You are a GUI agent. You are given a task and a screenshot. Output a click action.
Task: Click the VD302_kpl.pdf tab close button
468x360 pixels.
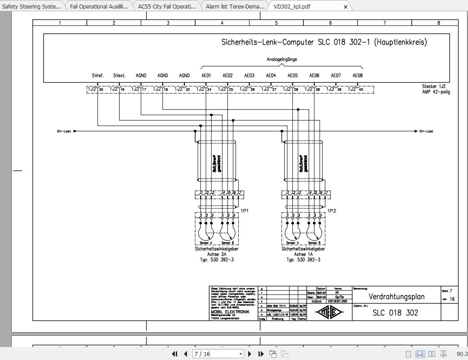(345, 7)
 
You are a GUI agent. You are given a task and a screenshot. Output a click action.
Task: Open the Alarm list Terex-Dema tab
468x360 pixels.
(235, 7)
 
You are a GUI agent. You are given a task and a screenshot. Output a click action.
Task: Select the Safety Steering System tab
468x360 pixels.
(31, 7)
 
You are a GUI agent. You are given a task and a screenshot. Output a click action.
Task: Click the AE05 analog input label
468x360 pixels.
(292, 76)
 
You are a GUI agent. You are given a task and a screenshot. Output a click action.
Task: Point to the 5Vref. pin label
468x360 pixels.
(98, 76)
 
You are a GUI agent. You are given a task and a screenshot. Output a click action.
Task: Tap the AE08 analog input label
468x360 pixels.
(357, 76)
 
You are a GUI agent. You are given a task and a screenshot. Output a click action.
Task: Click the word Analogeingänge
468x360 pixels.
(281, 59)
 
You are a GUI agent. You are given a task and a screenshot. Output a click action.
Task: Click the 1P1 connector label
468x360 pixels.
(245, 210)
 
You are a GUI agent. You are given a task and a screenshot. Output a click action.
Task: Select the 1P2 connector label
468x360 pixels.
(331, 210)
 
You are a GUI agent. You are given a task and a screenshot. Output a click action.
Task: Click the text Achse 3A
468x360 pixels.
(217, 254)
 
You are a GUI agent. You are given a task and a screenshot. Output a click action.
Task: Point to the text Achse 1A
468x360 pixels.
(303, 254)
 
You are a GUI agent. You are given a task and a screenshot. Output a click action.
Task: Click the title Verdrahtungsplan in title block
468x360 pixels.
(396, 297)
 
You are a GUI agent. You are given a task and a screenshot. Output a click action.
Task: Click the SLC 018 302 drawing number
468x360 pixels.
(395, 313)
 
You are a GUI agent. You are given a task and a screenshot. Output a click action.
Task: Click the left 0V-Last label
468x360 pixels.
(64, 131)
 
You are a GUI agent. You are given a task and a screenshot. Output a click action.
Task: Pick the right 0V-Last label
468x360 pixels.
(426, 131)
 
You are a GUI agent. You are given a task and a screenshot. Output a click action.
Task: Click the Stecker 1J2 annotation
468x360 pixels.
(433, 86)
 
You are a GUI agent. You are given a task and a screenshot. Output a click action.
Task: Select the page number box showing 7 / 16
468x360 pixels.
(218, 354)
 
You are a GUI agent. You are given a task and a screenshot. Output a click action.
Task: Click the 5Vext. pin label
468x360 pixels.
(119, 76)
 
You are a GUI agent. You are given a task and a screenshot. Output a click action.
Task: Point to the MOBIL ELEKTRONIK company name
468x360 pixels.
(230, 312)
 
